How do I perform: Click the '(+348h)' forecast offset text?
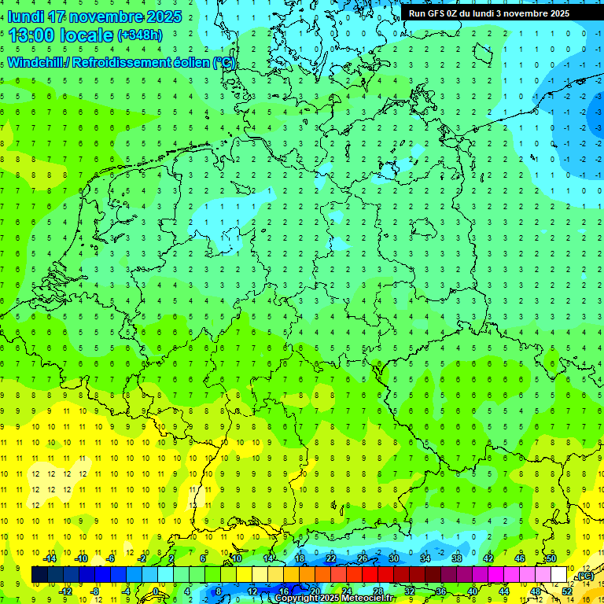click(x=140, y=35)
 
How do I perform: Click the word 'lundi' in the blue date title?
click(x=26, y=17)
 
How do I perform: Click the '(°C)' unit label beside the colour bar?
click(x=584, y=576)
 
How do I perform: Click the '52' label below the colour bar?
click(x=567, y=591)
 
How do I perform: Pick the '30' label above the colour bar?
click(x=393, y=558)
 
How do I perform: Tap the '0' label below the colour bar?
click(x=156, y=591)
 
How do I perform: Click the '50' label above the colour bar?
click(x=551, y=558)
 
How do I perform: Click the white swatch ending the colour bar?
click(x=558, y=575)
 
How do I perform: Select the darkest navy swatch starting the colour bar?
click(x=39, y=575)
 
